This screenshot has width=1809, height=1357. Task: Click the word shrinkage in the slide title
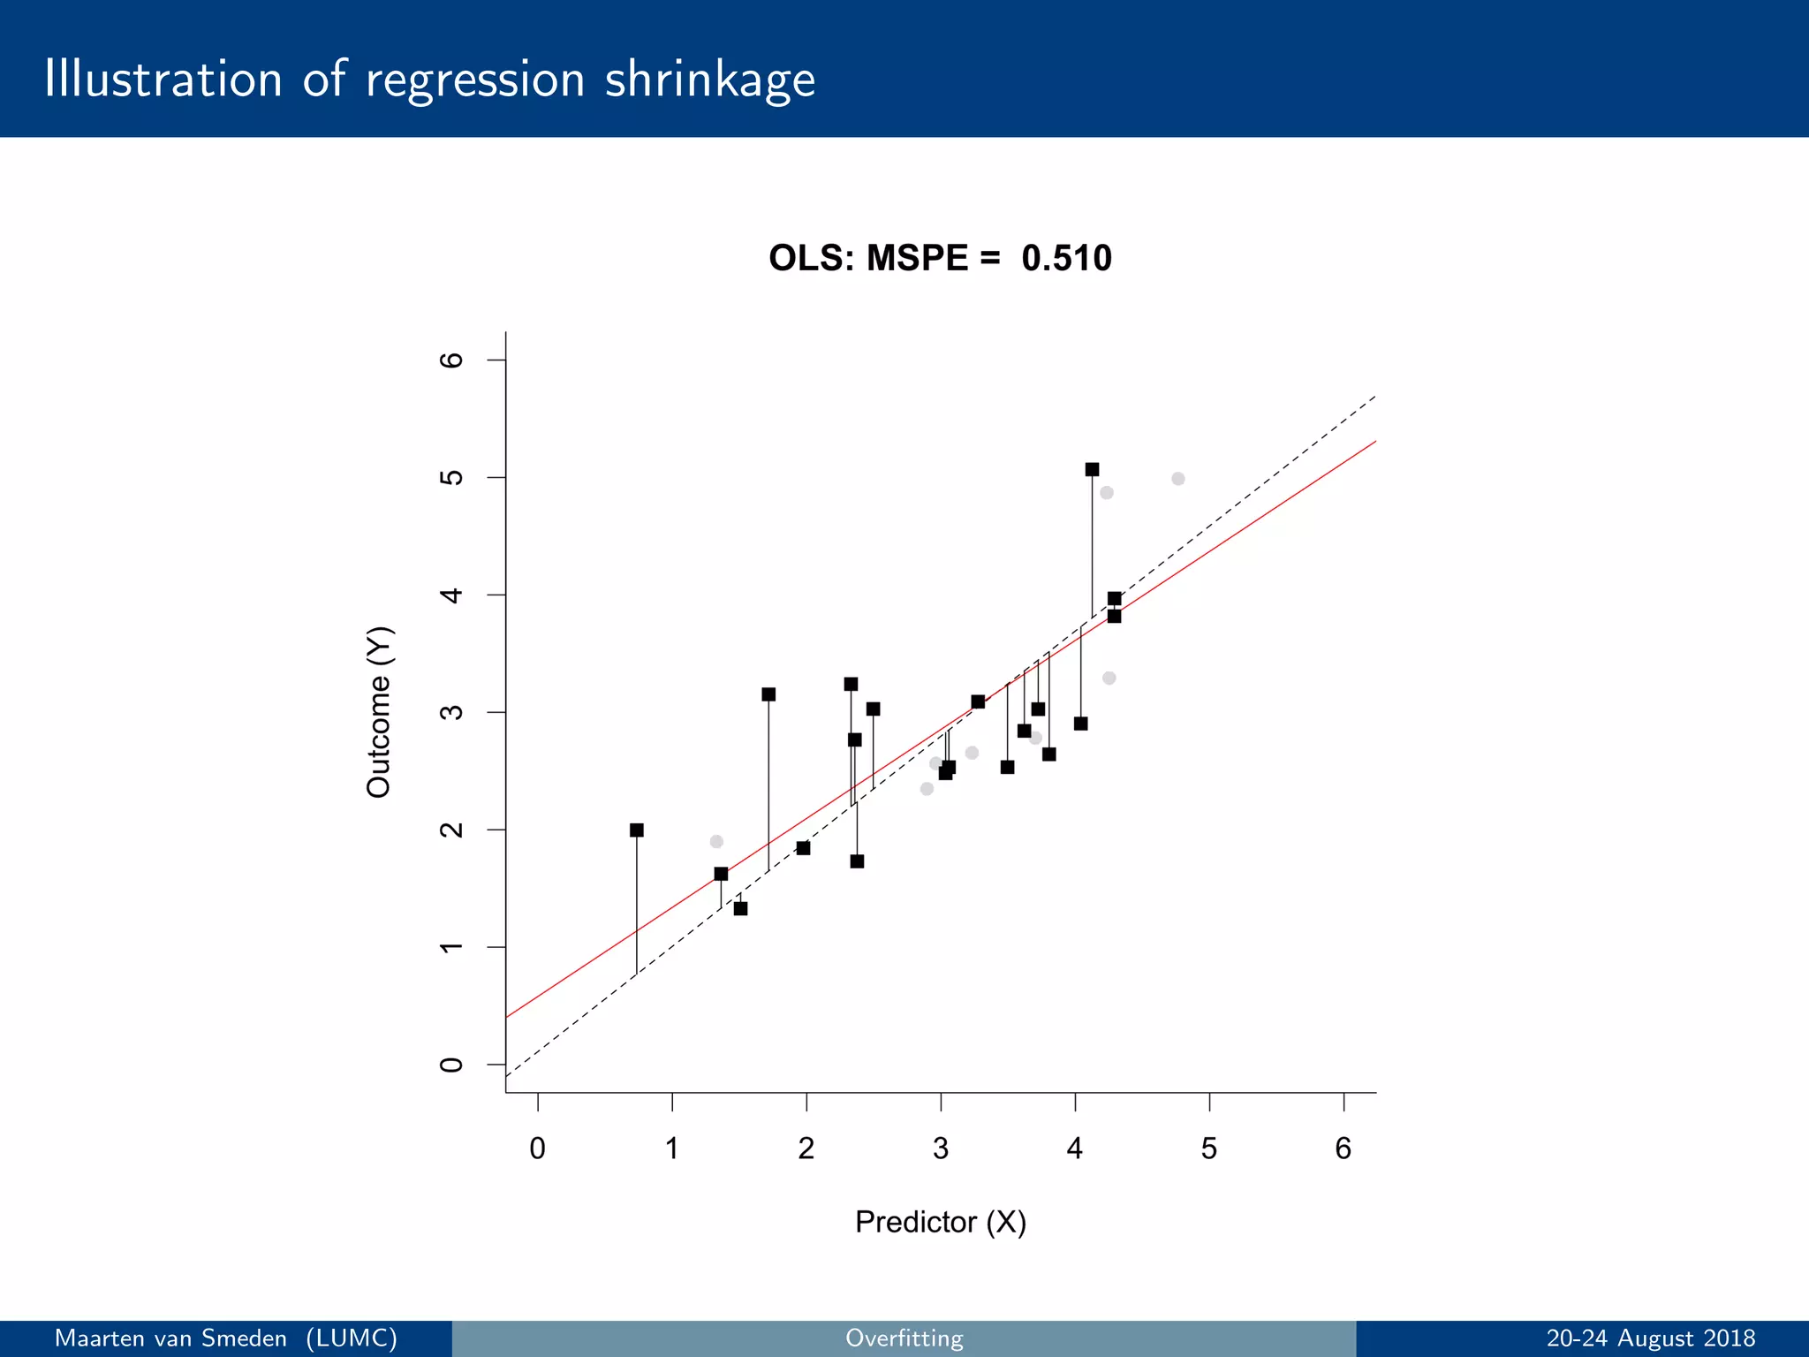click(x=709, y=80)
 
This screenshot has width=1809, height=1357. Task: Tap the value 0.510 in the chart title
click(x=1066, y=258)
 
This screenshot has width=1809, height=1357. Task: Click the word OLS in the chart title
click(x=806, y=258)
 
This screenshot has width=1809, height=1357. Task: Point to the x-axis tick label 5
click(x=1208, y=1148)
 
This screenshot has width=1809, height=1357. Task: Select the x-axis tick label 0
click(x=537, y=1148)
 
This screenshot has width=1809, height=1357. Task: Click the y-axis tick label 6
click(x=451, y=360)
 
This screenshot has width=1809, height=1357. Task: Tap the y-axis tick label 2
click(x=451, y=830)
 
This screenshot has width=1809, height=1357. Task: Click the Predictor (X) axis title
click(x=940, y=1222)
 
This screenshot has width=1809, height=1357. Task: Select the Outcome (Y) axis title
click(x=379, y=712)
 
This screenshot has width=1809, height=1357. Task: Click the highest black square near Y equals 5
click(x=1092, y=469)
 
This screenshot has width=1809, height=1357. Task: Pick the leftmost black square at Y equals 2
click(x=636, y=830)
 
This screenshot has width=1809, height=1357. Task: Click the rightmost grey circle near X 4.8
click(x=1177, y=479)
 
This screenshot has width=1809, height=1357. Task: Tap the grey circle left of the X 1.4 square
click(x=716, y=841)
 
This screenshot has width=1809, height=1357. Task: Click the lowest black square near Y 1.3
click(x=740, y=908)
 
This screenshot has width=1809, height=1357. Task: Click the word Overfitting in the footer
click(x=904, y=1338)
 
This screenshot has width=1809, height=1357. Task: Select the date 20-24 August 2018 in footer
click(x=1650, y=1338)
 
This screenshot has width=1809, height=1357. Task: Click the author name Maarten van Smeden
click(x=170, y=1338)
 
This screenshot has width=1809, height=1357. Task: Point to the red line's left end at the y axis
click(x=508, y=1016)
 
